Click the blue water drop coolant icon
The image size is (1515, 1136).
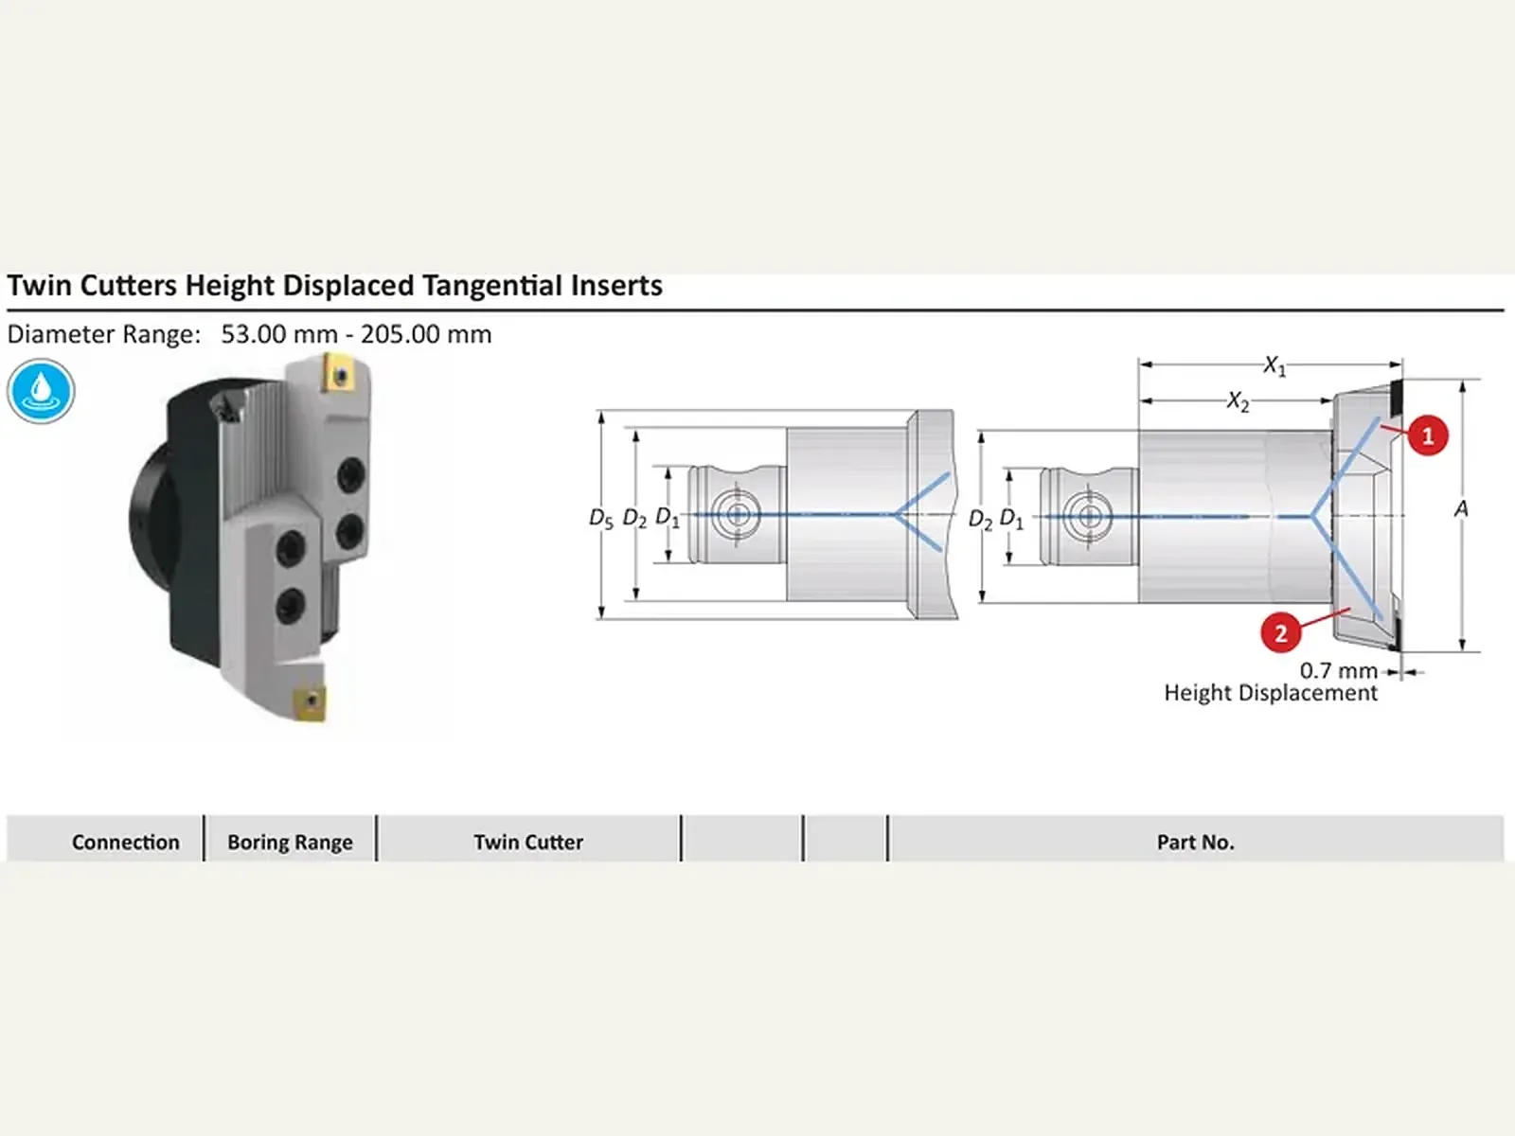pos(41,391)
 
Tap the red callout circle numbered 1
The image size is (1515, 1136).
pos(1427,435)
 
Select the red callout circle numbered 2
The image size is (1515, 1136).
pos(1280,632)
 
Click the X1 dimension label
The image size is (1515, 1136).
pos(1274,365)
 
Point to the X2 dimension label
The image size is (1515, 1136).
pos(1239,401)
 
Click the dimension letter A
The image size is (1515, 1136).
pos(1460,509)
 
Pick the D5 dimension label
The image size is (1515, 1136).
pos(600,518)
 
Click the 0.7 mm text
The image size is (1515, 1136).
pos(1338,670)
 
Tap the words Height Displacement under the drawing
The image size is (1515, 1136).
pos(1271,693)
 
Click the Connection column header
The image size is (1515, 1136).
pos(126,843)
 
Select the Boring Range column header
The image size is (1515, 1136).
pos(290,843)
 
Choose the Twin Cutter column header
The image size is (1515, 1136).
pos(528,843)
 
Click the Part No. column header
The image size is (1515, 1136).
pos(1196,843)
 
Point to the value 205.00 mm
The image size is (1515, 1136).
pos(426,334)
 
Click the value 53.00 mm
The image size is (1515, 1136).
pos(278,334)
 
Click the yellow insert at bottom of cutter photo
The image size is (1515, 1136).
pos(310,703)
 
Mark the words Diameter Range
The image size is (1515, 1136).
pos(103,334)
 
